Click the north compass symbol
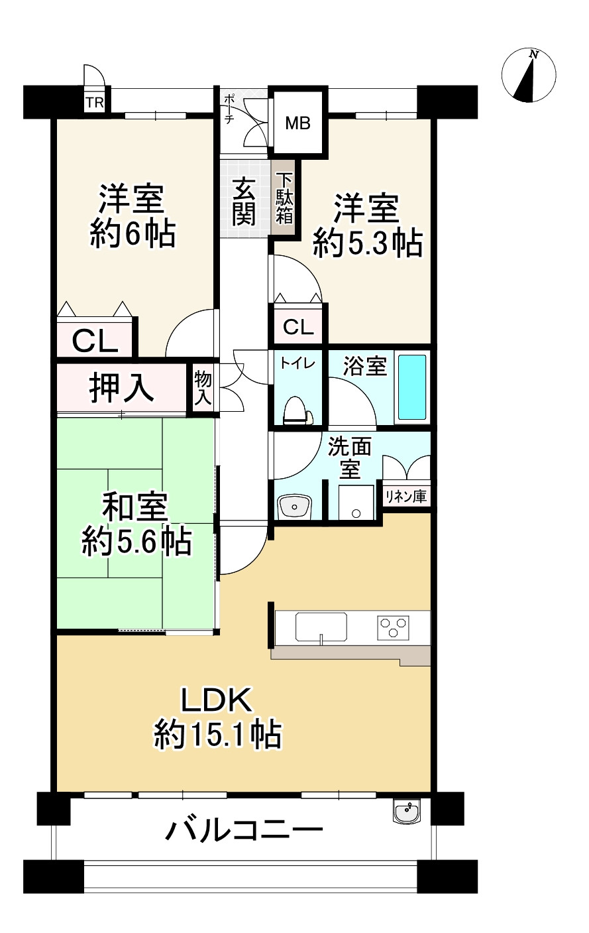(529, 76)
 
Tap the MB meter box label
(297, 123)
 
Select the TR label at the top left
(93, 103)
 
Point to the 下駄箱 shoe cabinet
(285, 198)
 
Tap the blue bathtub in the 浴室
(412, 387)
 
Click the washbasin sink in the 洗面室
(294, 507)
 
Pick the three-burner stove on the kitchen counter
(394, 626)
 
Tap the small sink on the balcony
(406, 812)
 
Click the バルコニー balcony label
(244, 830)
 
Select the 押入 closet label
(122, 388)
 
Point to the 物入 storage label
(203, 389)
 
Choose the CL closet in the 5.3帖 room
(298, 327)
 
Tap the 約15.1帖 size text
(218, 735)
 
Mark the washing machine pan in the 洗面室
(356, 503)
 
